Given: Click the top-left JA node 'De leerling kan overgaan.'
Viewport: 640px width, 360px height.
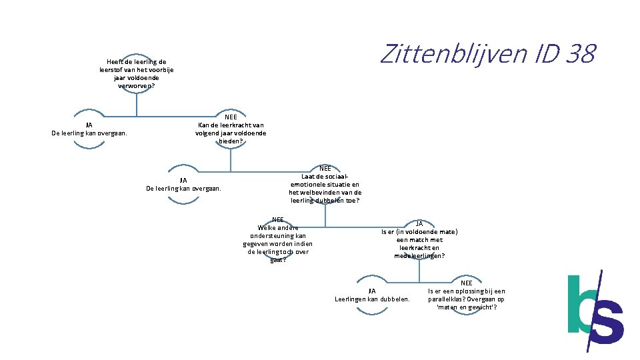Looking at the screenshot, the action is [x=89, y=129].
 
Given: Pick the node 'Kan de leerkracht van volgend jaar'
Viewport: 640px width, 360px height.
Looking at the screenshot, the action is [x=231, y=129].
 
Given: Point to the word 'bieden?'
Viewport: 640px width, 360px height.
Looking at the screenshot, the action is [x=231, y=141].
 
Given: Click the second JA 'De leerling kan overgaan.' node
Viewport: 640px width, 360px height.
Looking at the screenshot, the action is [x=183, y=185].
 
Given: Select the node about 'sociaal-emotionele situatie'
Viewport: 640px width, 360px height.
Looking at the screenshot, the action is [x=325, y=185].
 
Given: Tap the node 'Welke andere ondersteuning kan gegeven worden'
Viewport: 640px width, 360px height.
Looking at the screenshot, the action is [x=277, y=239].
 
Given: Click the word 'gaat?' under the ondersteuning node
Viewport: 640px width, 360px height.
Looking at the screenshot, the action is [x=278, y=260].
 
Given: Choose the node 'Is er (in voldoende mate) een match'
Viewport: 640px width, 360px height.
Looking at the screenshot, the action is [x=419, y=239].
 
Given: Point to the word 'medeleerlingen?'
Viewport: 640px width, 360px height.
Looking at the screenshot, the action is [x=419, y=256].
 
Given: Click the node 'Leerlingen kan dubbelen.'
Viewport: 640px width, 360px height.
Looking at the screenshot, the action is [x=372, y=295].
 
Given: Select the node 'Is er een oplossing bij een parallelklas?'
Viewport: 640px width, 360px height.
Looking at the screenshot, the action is [x=467, y=295].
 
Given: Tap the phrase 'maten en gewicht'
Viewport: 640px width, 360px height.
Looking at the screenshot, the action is [x=467, y=307].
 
